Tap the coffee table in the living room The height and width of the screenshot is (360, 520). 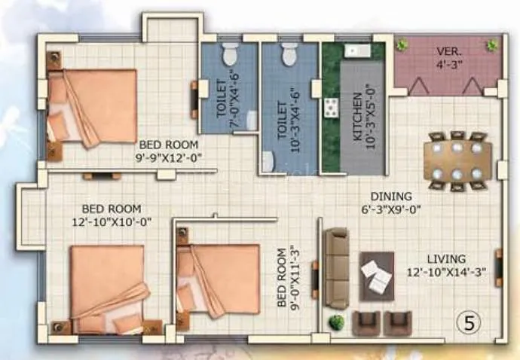point(376,276)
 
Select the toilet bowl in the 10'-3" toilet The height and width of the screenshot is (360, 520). point(288,53)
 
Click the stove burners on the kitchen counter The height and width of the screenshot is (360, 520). point(330,108)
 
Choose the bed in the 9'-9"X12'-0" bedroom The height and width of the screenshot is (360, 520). point(92,105)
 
